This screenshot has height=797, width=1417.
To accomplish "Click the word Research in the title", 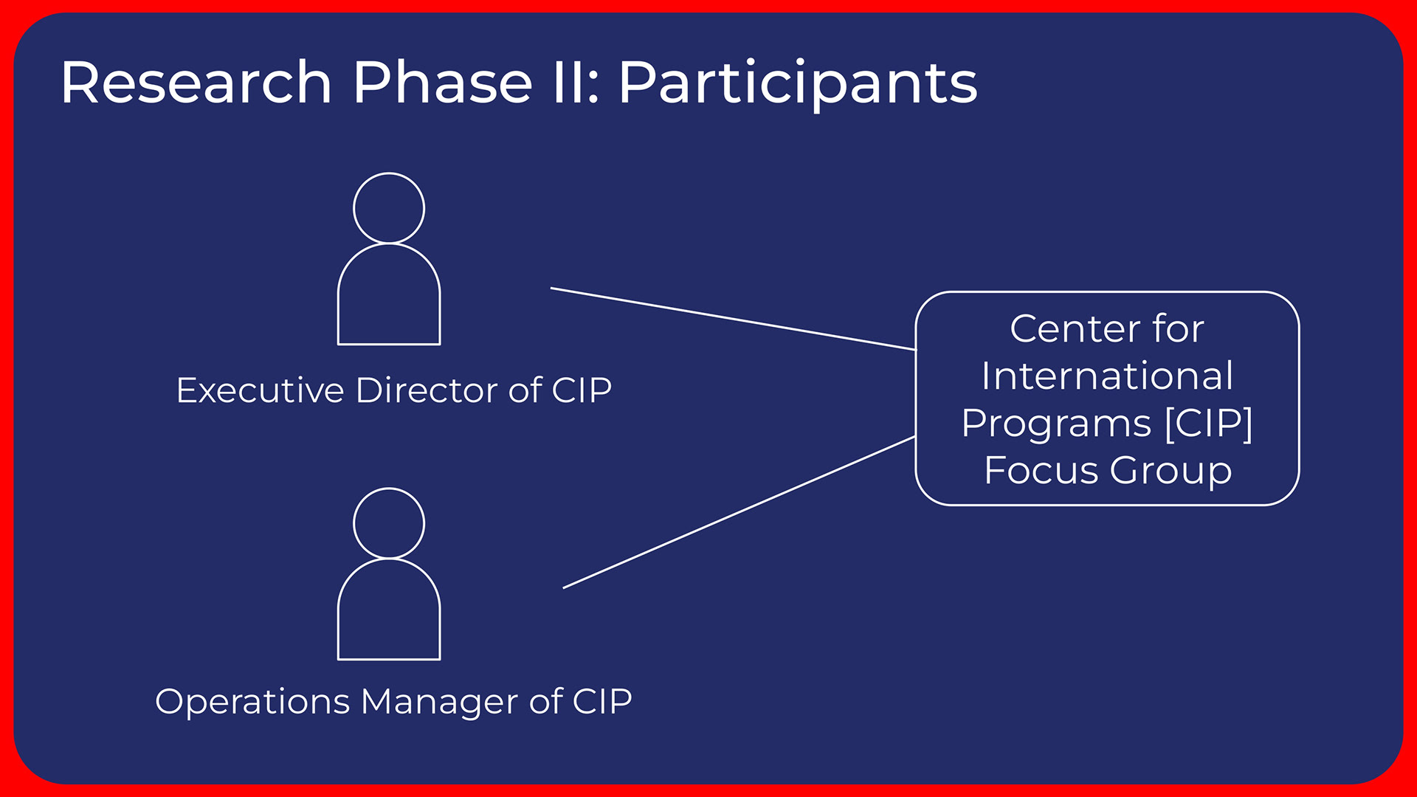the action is [x=196, y=82].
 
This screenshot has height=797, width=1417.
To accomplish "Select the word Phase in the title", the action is [x=443, y=82].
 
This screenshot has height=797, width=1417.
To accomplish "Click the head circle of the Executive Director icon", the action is [x=389, y=173].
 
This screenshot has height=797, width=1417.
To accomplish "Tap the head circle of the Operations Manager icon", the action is [x=389, y=489].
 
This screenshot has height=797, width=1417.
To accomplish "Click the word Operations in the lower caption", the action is [x=252, y=701].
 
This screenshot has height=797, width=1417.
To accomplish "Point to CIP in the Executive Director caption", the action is [x=582, y=390].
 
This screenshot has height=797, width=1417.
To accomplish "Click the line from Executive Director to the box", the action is [x=733, y=319].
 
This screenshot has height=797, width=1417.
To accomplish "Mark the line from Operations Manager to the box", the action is [x=739, y=512].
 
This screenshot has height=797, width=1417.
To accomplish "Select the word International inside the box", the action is [x=1107, y=376].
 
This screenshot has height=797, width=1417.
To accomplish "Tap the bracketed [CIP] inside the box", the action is [x=1208, y=424].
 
